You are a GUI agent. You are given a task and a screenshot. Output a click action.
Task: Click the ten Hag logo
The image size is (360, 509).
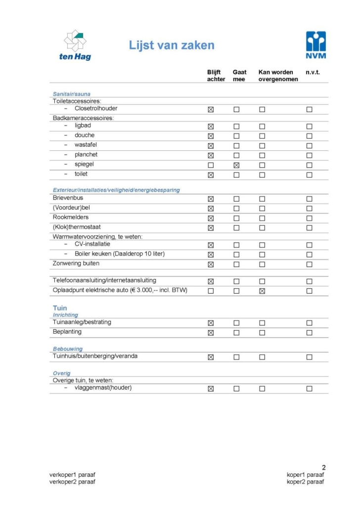pos(75,45)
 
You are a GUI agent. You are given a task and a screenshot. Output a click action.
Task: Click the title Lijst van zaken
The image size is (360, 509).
pos(172,46)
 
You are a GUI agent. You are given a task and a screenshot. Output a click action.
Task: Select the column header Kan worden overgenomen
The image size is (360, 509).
pos(278,76)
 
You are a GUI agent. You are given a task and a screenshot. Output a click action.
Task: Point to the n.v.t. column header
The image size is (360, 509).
pos(313,72)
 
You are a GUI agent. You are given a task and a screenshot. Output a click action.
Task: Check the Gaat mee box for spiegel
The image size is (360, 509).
pos(236,165)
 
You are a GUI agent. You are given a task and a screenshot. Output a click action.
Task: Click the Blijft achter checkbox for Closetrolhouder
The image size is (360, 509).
pos(211,109)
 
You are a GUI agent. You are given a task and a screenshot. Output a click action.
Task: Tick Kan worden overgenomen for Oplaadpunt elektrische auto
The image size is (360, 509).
pos(262,291)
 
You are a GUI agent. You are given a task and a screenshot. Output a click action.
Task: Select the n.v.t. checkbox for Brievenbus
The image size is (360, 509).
pos(309,199)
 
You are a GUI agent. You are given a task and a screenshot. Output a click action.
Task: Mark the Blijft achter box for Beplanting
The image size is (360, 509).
pos(211,333)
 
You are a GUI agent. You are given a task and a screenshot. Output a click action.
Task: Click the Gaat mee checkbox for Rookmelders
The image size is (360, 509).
pos(236,218)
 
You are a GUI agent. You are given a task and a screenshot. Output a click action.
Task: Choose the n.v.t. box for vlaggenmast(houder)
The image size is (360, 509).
pos(309,388)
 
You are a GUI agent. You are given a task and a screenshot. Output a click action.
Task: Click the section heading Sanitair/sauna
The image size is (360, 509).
pos(72,94)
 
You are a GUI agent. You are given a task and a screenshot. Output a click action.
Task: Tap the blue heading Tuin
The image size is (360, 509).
pos(60,308)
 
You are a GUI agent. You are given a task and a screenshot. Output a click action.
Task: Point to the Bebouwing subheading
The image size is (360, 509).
pos(68,349)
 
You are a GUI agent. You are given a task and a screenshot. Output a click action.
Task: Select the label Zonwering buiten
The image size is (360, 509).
pos(76,263)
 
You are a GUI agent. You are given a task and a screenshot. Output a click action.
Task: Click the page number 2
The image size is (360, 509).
pos(323,467)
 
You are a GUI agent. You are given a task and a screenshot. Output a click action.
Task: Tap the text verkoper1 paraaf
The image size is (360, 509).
pos(72,475)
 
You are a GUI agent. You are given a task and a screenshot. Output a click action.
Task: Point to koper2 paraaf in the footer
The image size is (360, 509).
pos(306,482)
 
